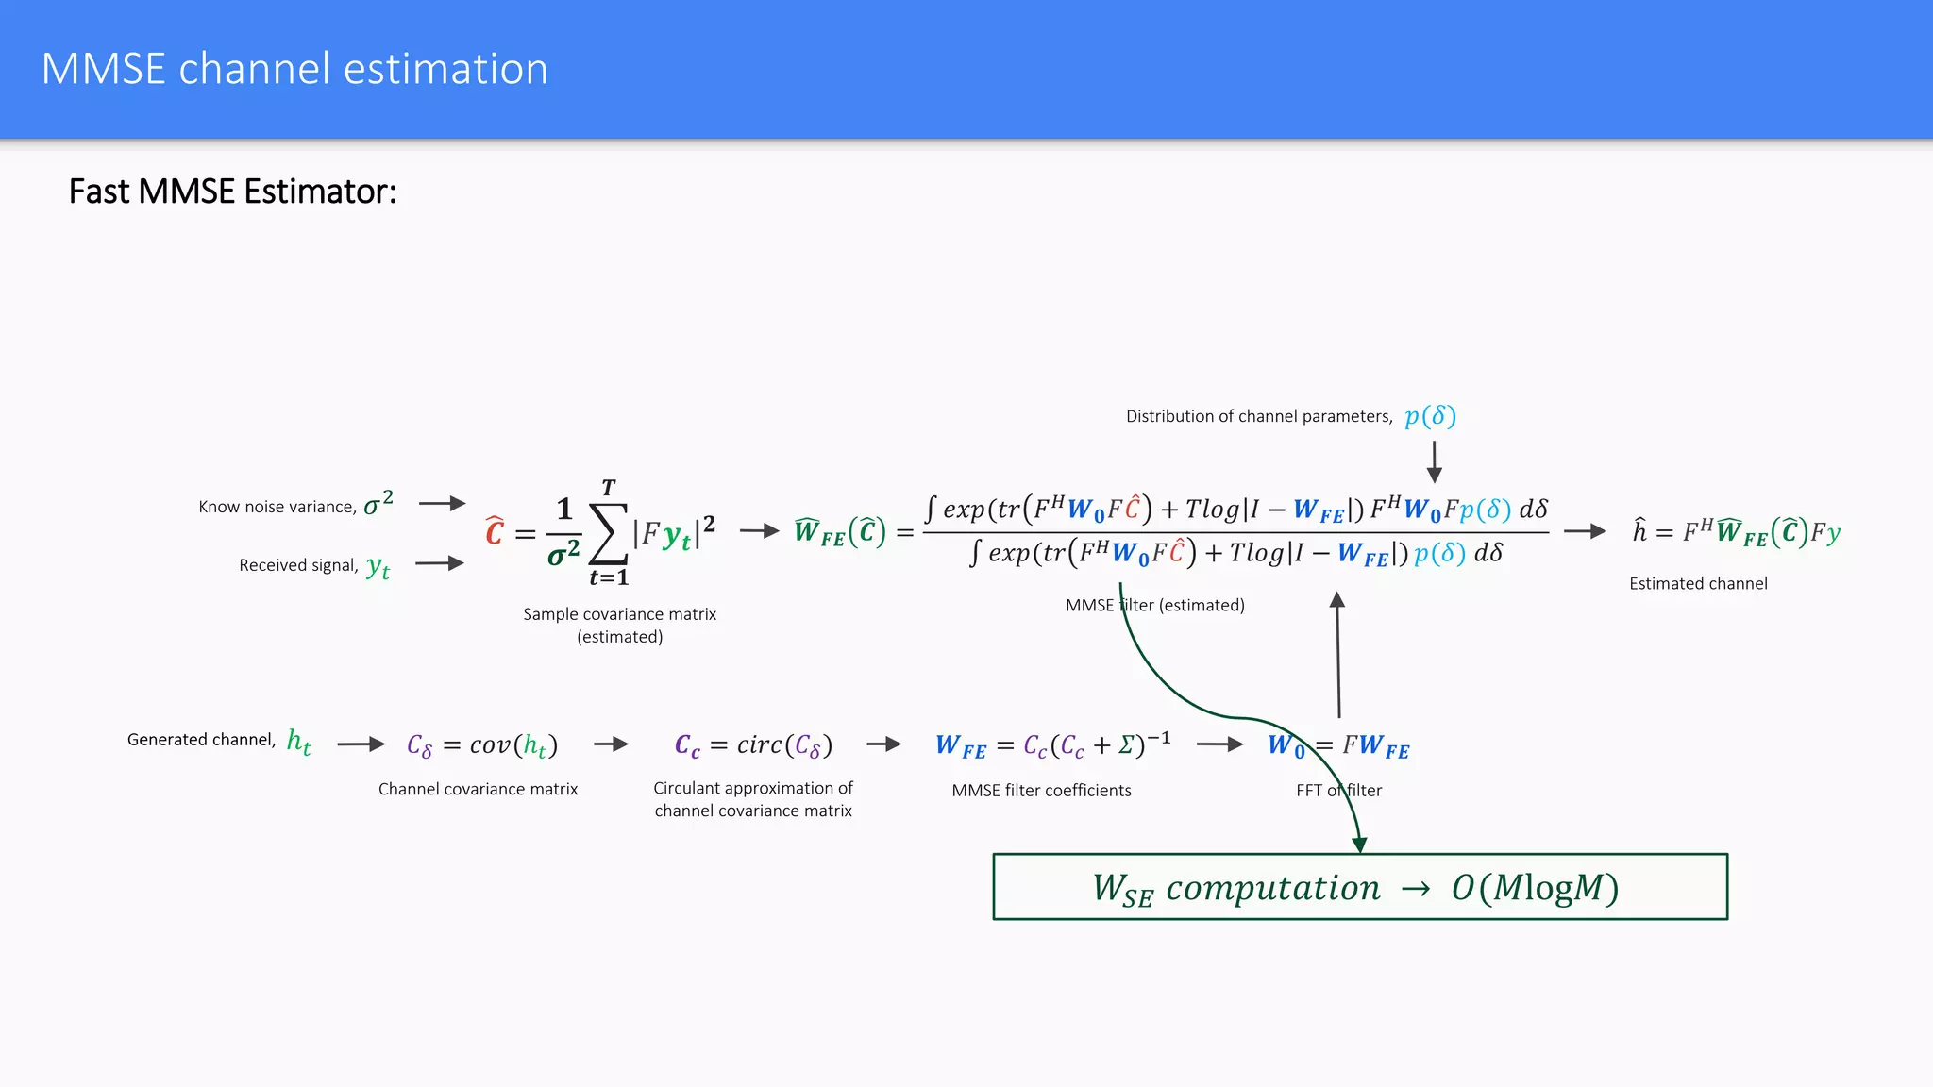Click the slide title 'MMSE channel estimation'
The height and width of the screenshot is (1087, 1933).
pos(294,69)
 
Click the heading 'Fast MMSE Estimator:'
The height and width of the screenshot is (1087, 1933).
pos(232,192)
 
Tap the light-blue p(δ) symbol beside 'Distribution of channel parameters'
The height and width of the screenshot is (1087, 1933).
pos(1430,416)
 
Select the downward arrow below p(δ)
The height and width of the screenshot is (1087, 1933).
pos(1434,461)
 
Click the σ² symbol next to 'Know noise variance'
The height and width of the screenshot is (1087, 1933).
pos(378,503)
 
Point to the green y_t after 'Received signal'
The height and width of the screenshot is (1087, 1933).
pos(378,566)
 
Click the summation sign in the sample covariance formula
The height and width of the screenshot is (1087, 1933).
pos(608,534)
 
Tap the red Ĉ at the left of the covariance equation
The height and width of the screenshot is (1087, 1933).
pos(495,531)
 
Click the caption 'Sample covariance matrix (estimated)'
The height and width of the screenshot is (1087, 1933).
pos(620,625)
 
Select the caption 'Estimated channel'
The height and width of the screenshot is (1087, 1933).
pos(1698,584)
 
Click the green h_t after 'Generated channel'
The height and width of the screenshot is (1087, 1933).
pos(298,742)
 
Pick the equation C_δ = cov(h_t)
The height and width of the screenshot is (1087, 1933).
pos(482,745)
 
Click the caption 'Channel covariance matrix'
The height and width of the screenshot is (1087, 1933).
pos(478,789)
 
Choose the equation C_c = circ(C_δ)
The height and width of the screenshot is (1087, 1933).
pos(753,745)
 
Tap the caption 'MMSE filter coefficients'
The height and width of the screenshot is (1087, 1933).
pos(1041,791)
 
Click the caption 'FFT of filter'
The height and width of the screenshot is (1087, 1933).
pos(1338,791)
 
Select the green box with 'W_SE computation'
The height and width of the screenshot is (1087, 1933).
pos(1360,887)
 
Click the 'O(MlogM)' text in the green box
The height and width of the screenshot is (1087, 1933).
pos(1535,888)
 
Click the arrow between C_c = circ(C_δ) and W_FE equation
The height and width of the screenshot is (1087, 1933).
pos(884,744)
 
